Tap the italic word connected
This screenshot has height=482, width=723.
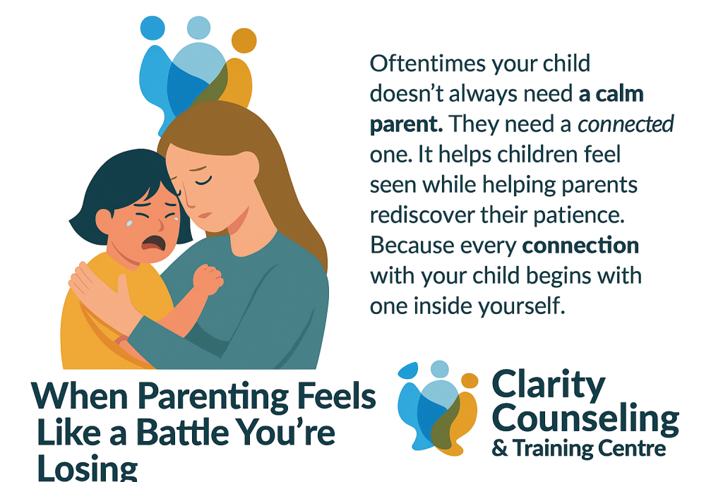[x=626, y=124]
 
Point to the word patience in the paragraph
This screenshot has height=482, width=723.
[x=579, y=215]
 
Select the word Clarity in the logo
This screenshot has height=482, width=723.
[x=548, y=385]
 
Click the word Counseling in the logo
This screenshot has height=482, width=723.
[x=585, y=418]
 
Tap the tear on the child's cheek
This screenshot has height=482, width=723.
[x=130, y=224]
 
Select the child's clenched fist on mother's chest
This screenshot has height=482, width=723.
[x=208, y=279]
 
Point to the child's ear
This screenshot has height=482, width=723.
[x=103, y=220]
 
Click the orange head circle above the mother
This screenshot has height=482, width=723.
[x=244, y=40]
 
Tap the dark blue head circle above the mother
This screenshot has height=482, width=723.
[x=153, y=28]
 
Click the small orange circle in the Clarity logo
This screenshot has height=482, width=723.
[x=470, y=380]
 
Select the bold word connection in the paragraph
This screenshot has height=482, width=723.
[x=581, y=246]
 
